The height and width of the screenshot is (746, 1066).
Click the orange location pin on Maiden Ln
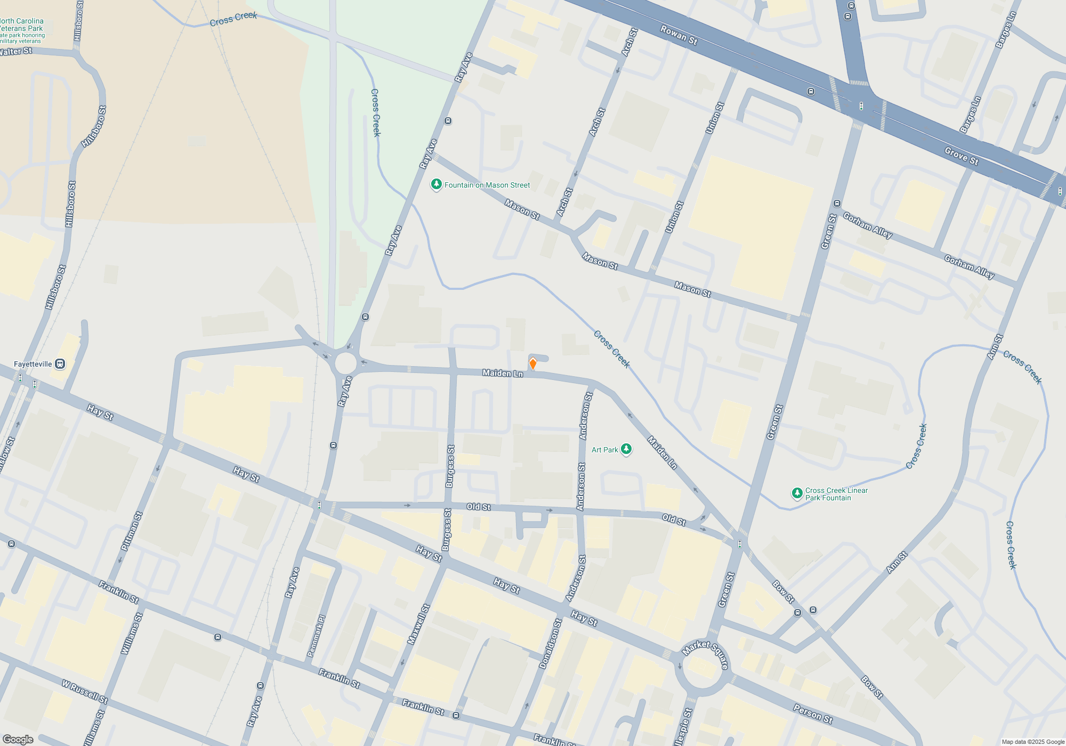pyautogui.click(x=532, y=364)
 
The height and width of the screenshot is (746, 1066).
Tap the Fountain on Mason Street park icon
pyautogui.click(x=436, y=184)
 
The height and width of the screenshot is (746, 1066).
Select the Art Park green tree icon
pyautogui.click(x=626, y=449)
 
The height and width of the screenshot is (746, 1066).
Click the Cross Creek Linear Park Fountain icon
pyautogui.click(x=797, y=493)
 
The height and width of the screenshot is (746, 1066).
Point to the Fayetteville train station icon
pyautogui.click(x=60, y=364)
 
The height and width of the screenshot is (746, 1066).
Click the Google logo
pyautogui.click(x=18, y=740)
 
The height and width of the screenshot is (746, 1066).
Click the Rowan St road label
pyautogui.click(x=679, y=35)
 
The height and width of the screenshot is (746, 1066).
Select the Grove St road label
pyautogui.click(x=961, y=156)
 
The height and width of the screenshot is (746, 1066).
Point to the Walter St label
pyautogui.click(x=15, y=52)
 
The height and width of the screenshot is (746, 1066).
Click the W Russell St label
pyautogui.click(x=85, y=691)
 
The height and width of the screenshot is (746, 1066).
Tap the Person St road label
pyautogui.click(x=813, y=713)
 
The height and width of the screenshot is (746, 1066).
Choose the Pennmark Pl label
pyautogui.click(x=316, y=636)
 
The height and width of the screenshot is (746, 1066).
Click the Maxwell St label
pyautogui.click(x=418, y=625)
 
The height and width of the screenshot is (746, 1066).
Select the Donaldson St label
pyautogui.click(x=550, y=644)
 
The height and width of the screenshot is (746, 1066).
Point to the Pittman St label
pyautogui.click(x=132, y=531)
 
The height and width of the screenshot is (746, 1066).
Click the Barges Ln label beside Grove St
pyautogui.click(x=970, y=115)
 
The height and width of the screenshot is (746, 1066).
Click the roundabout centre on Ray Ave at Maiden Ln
pyautogui.click(x=345, y=363)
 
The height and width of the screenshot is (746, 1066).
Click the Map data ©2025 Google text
pyautogui.click(x=1032, y=742)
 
